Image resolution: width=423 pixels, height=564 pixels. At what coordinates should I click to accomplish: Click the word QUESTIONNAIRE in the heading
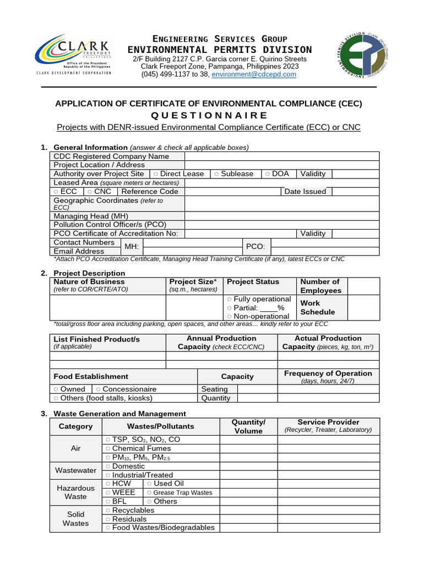(x=208, y=115)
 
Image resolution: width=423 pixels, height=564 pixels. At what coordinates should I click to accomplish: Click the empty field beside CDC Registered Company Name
(x=281, y=156)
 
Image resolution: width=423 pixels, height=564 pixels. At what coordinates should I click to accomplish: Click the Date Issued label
(x=305, y=192)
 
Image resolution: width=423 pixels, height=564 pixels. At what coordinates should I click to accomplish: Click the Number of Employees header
(x=321, y=286)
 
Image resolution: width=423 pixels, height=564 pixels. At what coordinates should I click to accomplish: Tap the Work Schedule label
(x=310, y=307)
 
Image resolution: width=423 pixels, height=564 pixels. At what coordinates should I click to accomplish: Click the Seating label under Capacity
(x=214, y=389)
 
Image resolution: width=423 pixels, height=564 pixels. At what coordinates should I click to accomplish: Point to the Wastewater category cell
(x=76, y=470)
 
